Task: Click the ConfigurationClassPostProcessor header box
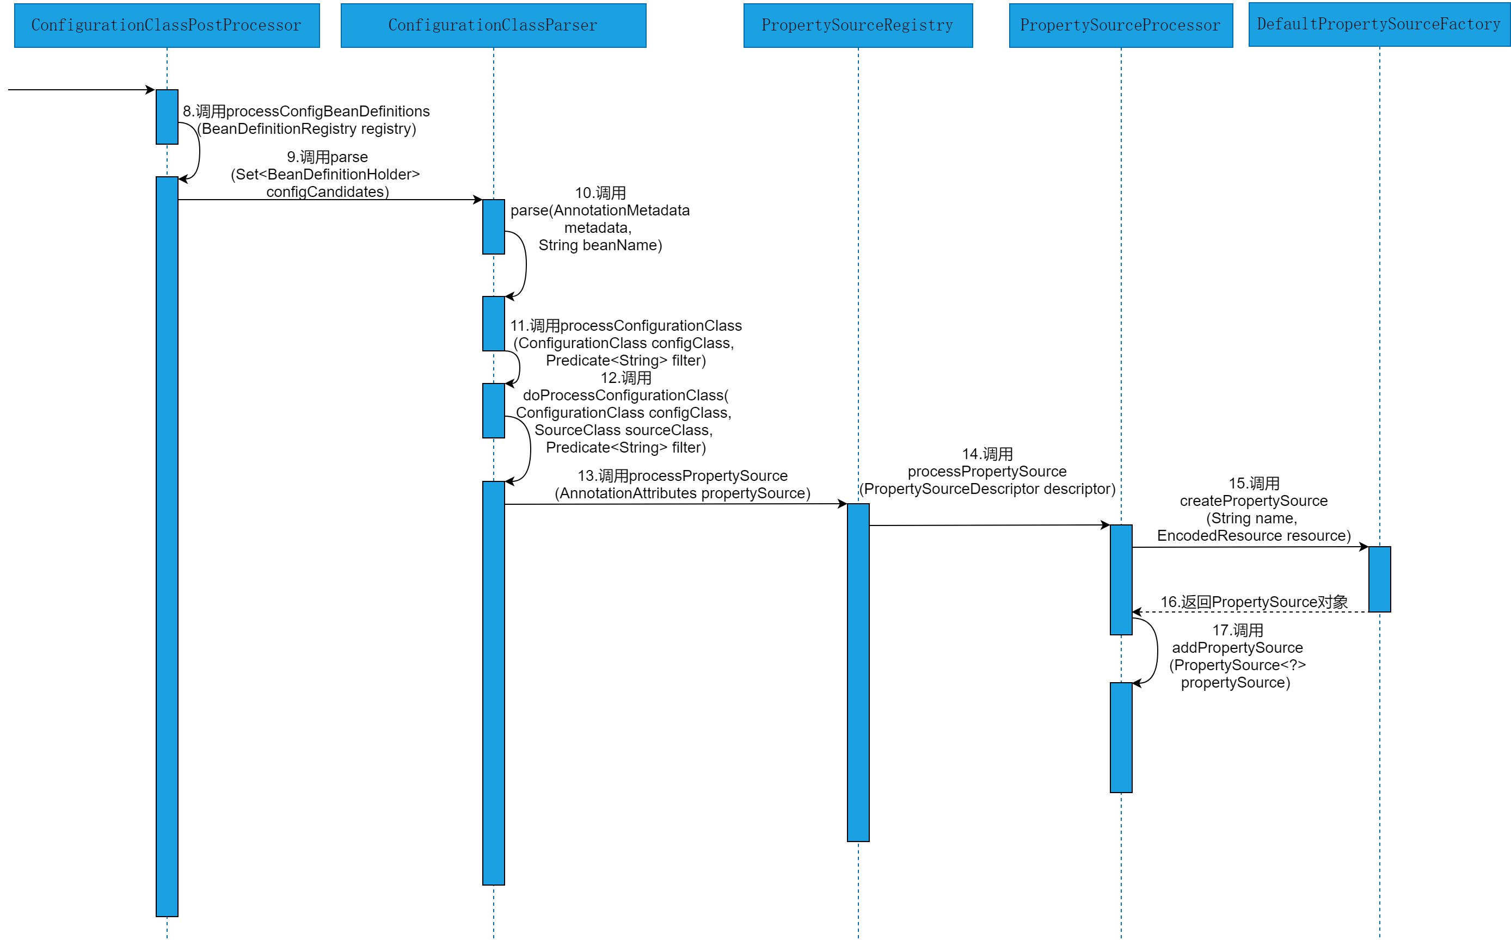[x=167, y=26]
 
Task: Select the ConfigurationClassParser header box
[x=493, y=26]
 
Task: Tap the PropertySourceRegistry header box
[x=857, y=26]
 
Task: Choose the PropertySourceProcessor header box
[x=1120, y=26]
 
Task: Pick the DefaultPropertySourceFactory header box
[x=1379, y=25]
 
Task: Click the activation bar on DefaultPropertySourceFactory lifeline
[x=1379, y=579]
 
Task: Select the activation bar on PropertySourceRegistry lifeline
[x=858, y=671]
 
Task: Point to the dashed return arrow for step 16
[x=1250, y=612]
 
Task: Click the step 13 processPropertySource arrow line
[x=675, y=504]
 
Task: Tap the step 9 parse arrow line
[x=330, y=200]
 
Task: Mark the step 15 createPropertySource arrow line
[x=1250, y=547]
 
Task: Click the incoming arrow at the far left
[x=81, y=90]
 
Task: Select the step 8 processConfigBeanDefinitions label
[x=306, y=120]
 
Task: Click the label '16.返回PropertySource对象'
[x=1254, y=602]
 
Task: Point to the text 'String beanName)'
[x=600, y=245]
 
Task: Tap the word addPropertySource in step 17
[x=1237, y=648]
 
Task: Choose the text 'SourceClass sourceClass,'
[x=623, y=430]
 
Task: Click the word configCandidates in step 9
[x=327, y=191]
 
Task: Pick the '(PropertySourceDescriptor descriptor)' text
[x=987, y=489]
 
